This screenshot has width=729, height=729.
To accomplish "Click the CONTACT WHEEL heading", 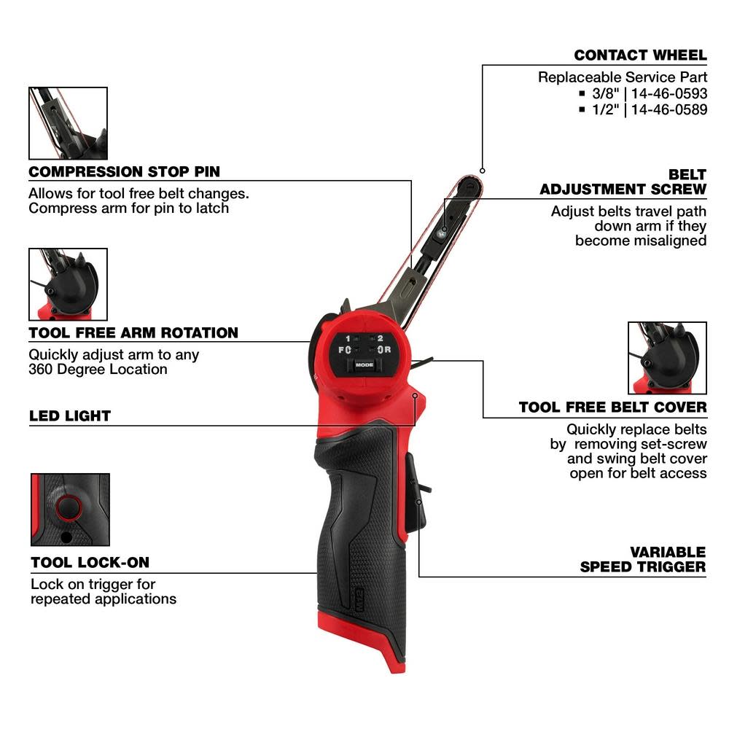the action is pos(640,55).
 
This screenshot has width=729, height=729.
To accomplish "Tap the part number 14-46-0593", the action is pos(668,93).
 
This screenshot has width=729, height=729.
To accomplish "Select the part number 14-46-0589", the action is pos(668,109).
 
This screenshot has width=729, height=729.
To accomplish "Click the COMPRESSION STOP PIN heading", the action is pos(124,172).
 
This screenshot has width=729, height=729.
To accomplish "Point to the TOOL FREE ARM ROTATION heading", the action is pos(133,333).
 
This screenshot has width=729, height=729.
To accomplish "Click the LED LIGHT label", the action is pos(70,416).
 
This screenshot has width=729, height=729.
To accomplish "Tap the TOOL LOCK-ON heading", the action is pos(90,563).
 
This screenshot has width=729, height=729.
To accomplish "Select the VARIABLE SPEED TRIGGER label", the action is pos(643,559).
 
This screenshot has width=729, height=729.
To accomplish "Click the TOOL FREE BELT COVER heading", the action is pos(612,407).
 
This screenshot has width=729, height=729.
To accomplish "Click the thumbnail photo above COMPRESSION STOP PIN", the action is pos(68,123).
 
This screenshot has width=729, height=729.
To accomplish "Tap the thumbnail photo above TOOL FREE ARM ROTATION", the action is pos(68,284).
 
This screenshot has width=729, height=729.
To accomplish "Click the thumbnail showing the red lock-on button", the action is pos(70,510).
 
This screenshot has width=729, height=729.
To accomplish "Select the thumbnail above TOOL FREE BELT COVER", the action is pos(667,358).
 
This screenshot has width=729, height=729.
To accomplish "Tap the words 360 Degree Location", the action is pos(98,370).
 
